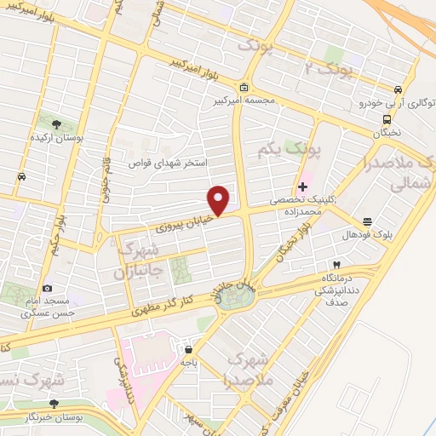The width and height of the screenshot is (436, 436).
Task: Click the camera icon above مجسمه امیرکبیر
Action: (244, 87)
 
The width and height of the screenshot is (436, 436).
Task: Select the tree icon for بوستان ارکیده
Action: (56, 125)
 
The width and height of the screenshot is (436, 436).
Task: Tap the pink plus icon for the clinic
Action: (303, 186)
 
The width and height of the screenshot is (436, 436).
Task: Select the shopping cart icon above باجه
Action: (186, 349)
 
